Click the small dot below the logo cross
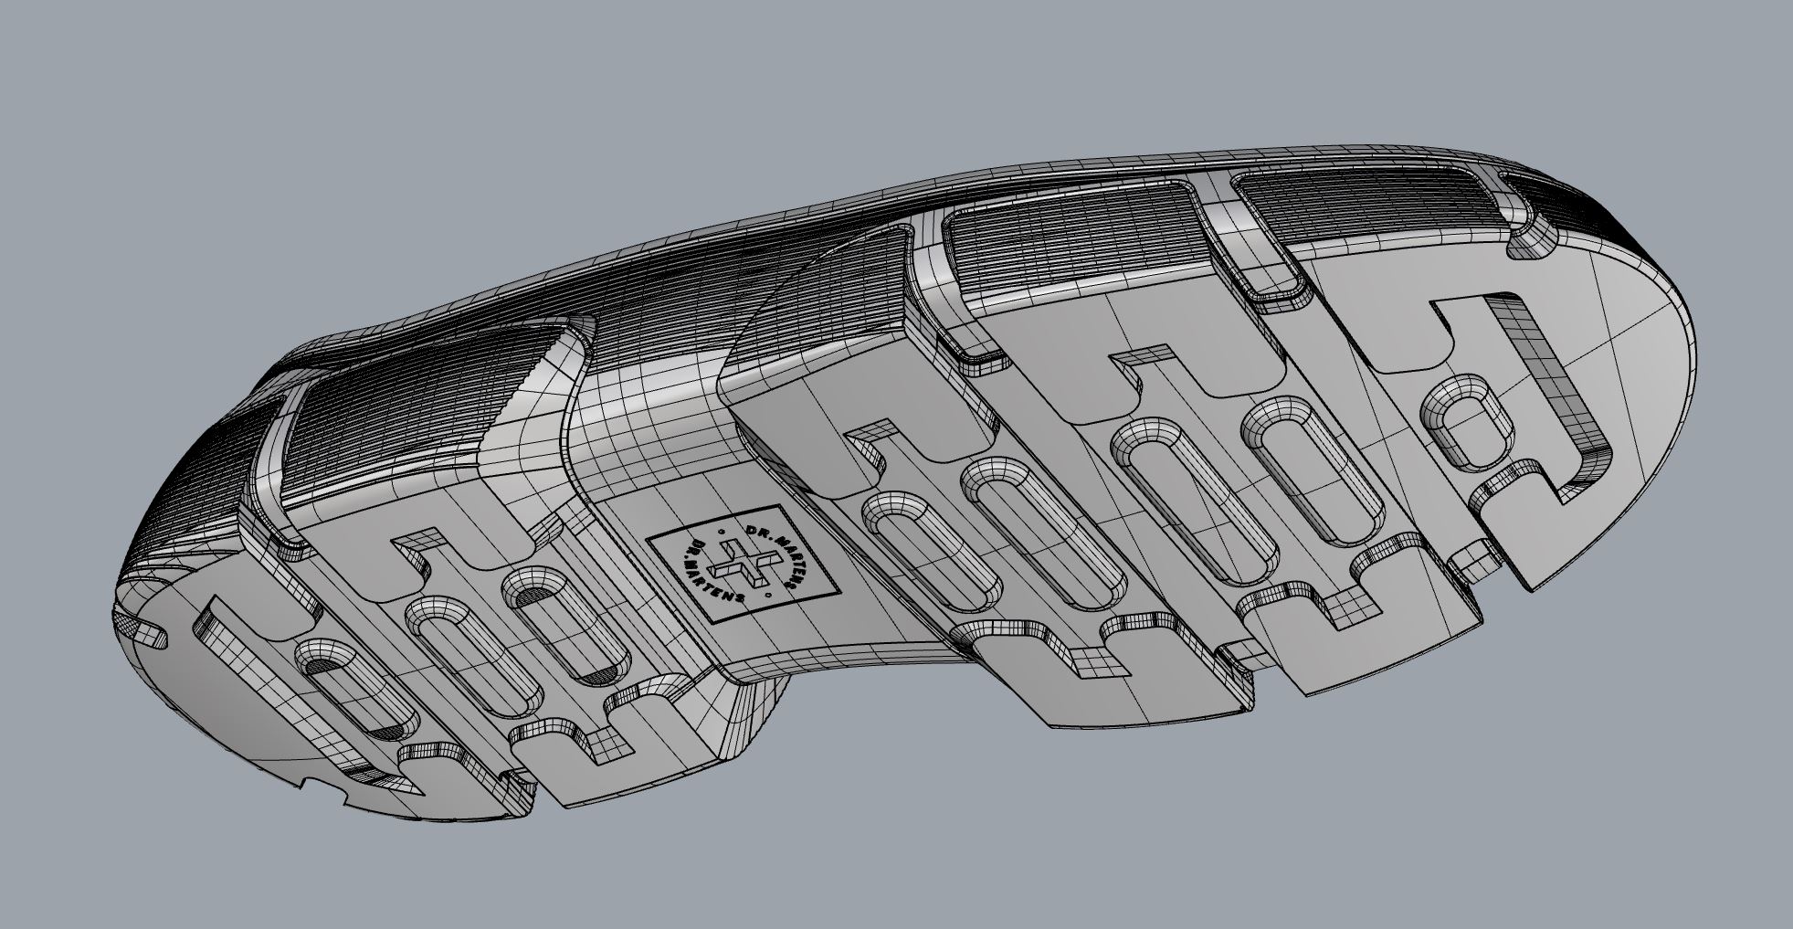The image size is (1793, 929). (x=773, y=596)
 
